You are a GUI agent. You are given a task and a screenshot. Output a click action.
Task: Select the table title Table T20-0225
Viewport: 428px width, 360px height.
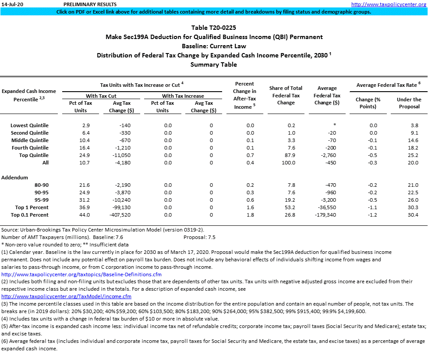click(x=214, y=28)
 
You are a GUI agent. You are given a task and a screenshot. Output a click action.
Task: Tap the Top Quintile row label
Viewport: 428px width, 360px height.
click(x=34, y=155)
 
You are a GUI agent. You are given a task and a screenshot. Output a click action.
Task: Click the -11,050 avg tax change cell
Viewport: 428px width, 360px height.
click(x=118, y=155)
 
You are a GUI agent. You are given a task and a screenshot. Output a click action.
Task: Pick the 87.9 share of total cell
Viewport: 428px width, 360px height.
click(x=286, y=155)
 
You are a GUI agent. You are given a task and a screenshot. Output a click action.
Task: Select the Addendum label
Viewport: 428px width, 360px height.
click(x=14, y=178)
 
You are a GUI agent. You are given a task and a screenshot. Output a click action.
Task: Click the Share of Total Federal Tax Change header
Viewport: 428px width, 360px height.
click(x=286, y=95)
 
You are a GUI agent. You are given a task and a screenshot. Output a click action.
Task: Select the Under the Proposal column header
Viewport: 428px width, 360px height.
click(x=409, y=103)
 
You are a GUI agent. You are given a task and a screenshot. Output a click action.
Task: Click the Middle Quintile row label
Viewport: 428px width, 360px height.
click(x=30, y=140)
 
